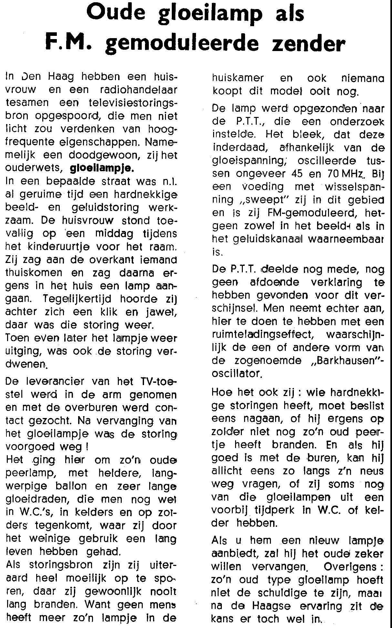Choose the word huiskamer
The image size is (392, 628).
point(238,78)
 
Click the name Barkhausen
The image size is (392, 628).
point(344,361)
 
